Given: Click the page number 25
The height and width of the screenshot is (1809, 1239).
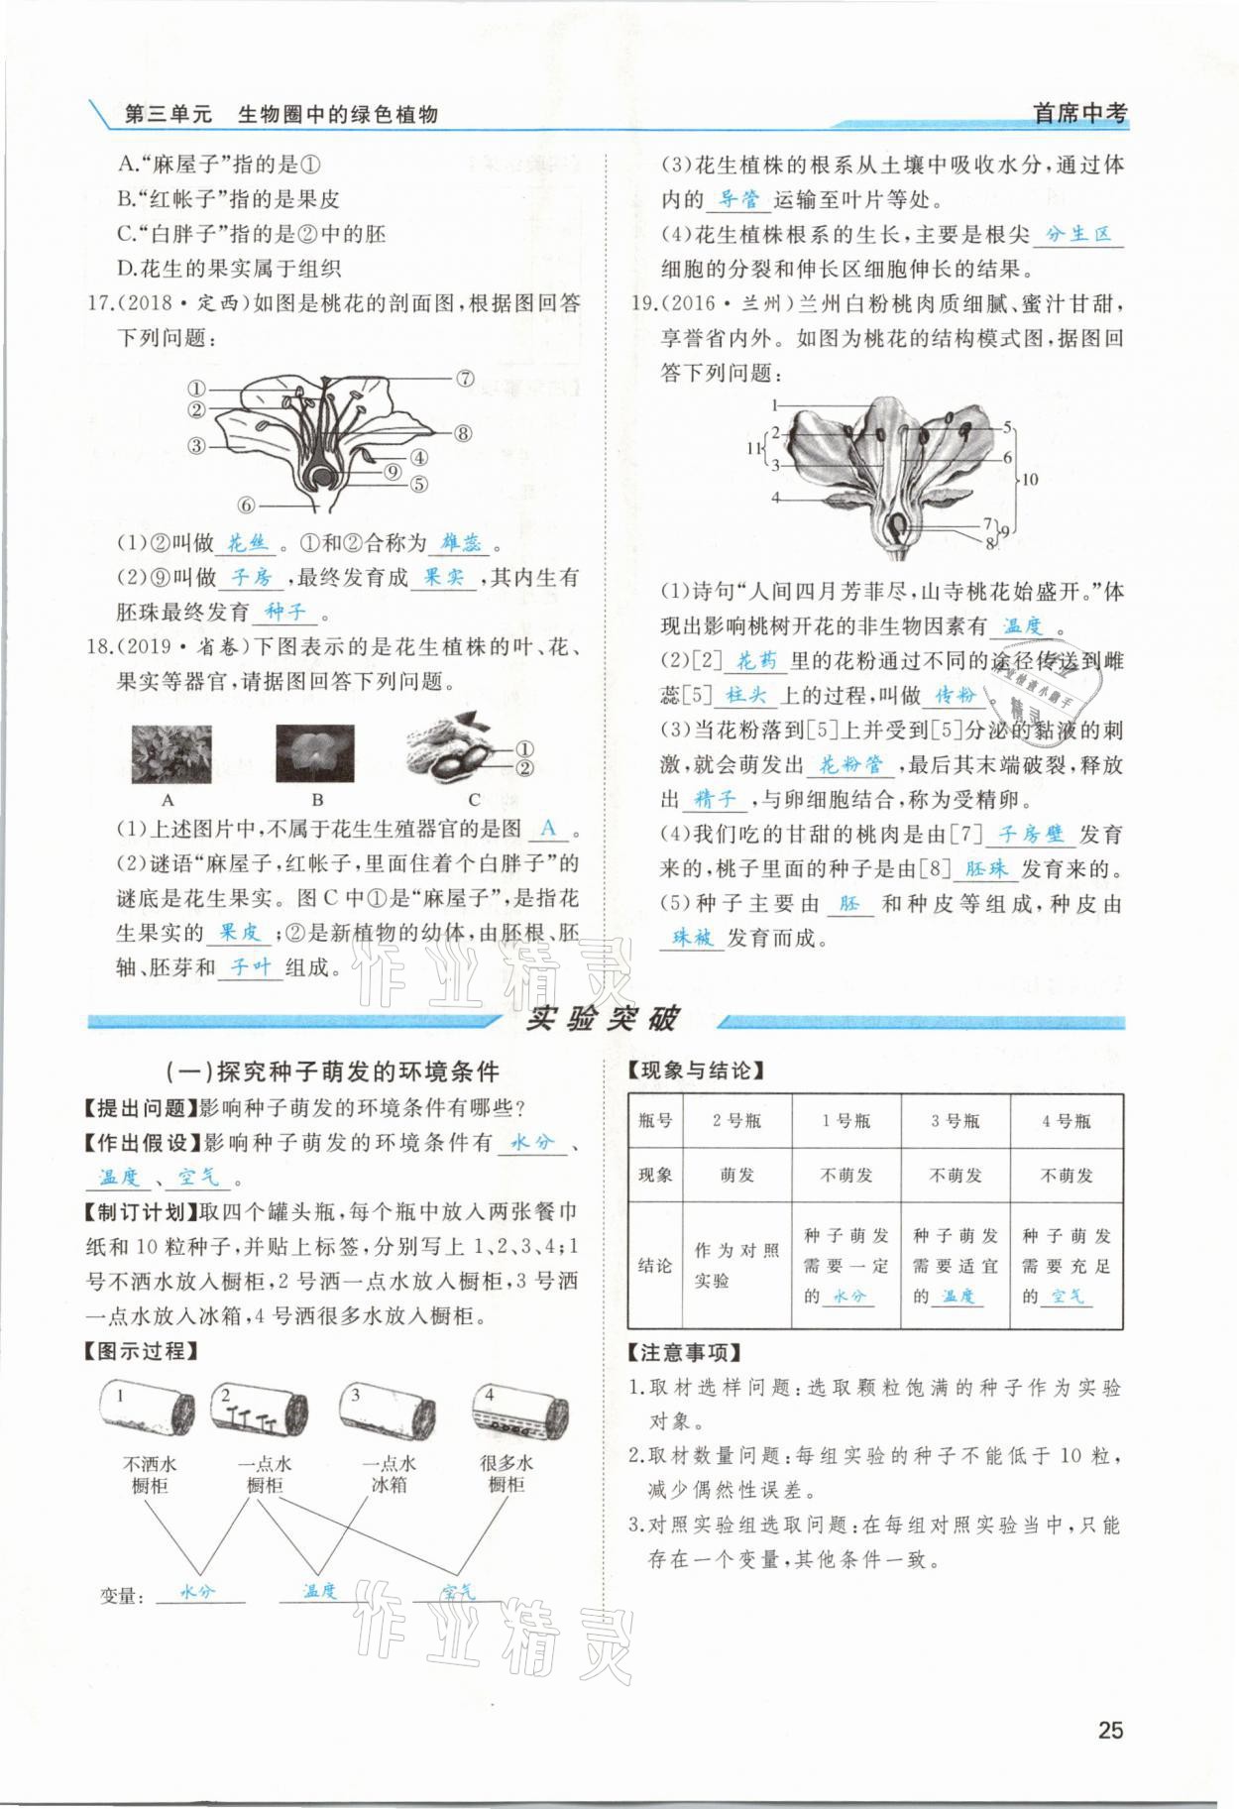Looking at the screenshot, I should (x=1110, y=1730).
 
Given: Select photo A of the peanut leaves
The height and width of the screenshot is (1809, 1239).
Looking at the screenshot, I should (x=170, y=754).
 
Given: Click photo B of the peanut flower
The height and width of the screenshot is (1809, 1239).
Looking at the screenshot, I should (x=314, y=754).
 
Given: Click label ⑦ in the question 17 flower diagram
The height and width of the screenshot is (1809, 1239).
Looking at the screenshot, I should (x=465, y=378).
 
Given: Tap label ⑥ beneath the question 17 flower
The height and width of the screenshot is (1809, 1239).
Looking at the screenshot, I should (x=247, y=504).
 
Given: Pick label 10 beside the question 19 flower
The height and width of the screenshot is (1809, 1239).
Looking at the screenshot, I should (x=1030, y=479).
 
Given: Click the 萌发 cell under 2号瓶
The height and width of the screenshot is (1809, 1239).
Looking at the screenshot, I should (x=736, y=1175).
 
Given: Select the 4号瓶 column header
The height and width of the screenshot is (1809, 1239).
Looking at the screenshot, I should (x=1066, y=1121).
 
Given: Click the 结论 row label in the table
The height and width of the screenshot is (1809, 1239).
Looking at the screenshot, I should (x=655, y=1266).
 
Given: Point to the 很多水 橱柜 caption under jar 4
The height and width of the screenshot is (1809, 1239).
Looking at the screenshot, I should (x=507, y=1474).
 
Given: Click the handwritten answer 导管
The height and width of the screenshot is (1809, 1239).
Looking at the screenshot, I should (x=738, y=199).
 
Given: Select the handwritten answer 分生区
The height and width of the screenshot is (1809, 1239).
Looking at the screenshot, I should (x=1078, y=234).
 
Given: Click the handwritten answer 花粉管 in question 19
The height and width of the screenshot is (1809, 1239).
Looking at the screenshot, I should (x=849, y=764).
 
